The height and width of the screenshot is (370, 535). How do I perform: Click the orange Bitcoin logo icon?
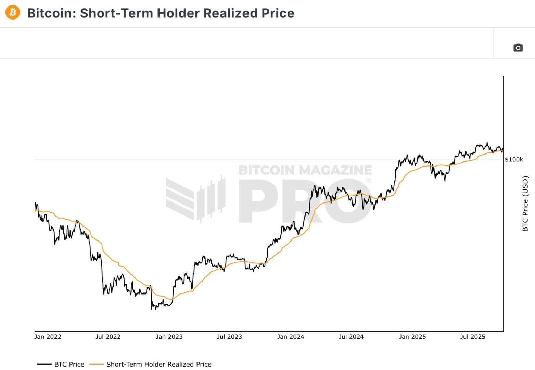(x=13, y=13)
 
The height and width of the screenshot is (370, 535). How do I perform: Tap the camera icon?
(x=518, y=48)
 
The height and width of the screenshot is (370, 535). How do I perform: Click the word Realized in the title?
(x=231, y=13)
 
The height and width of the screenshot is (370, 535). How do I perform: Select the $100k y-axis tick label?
(x=514, y=159)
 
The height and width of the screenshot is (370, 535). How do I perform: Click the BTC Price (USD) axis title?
(x=525, y=203)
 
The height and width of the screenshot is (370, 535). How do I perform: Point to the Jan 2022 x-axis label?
(x=48, y=337)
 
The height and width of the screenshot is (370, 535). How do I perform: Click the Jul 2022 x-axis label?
(x=108, y=337)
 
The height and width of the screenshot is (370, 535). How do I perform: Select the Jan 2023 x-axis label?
(x=169, y=337)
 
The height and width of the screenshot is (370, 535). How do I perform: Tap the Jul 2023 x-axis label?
(x=229, y=337)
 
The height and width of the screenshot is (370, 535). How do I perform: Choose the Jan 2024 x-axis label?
(x=291, y=337)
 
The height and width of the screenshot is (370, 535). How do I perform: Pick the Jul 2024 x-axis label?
(x=351, y=337)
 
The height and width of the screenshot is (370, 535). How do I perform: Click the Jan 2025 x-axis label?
(x=412, y=337)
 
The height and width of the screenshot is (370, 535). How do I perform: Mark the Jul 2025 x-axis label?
(x=473, y=337)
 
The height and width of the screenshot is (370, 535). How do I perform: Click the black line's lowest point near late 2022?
(x=152, y=309)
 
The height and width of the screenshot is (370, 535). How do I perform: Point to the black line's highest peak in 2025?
(x=487, y=143)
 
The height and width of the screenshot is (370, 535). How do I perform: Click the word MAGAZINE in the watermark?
(x=335, y=170)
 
